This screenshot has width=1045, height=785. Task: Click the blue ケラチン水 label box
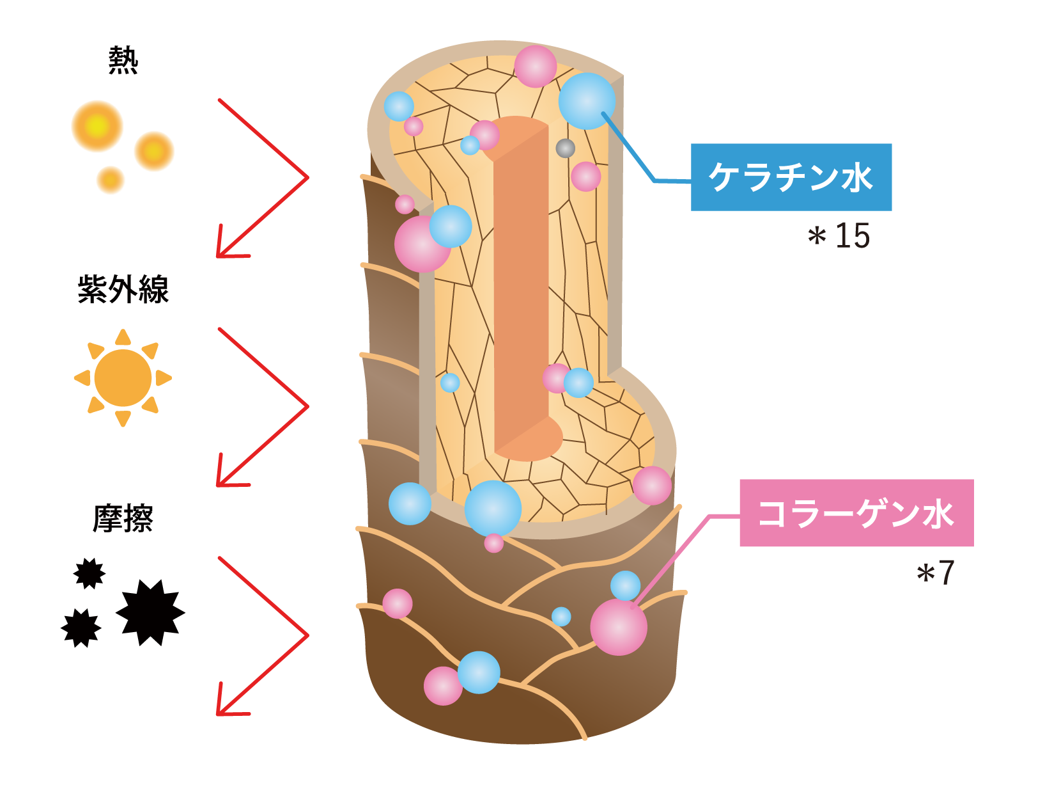(791, 177)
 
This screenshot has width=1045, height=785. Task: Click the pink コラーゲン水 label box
(856, 513)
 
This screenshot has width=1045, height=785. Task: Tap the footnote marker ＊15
(839, 236)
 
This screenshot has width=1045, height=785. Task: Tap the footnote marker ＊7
(936, 573)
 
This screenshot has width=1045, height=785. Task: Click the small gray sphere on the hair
(565, 148)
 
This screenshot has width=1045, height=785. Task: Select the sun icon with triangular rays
(123, 377)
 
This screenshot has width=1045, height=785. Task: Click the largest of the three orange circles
(97, 126)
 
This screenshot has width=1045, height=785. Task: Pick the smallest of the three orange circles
(111, 180)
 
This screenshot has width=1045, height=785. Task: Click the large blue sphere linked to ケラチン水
(586, 101)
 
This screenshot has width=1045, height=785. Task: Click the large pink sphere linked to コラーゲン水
(618, 627)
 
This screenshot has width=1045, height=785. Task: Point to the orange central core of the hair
(521, 288)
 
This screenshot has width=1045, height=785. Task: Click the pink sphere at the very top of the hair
(535, 66)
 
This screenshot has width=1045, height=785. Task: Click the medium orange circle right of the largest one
(154, 152)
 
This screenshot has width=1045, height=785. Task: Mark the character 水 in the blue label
(856, 177)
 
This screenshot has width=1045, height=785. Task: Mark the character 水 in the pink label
(938, 513)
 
